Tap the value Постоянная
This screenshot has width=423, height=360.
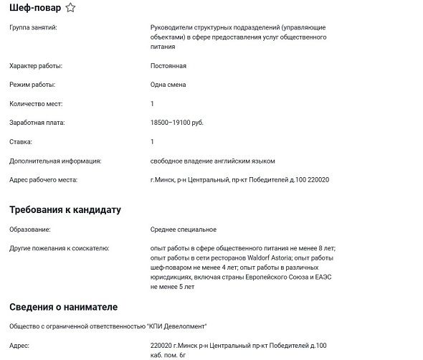[x=168, y=66]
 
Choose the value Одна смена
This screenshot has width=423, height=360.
[x=168, y=85]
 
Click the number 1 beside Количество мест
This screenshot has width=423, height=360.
[x=153, y=104]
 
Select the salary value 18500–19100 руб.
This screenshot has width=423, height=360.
[x=177, y=123]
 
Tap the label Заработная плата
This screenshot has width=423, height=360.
[x=37, y=123]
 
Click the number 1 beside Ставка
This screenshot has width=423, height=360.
[x=153, y=142]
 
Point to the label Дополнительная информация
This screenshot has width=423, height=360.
[x=55, y=161]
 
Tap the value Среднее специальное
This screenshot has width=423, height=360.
[x=184, y=229]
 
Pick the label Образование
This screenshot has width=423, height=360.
[x=30, y=229]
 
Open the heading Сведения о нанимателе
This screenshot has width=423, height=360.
[x=63, y=307]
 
